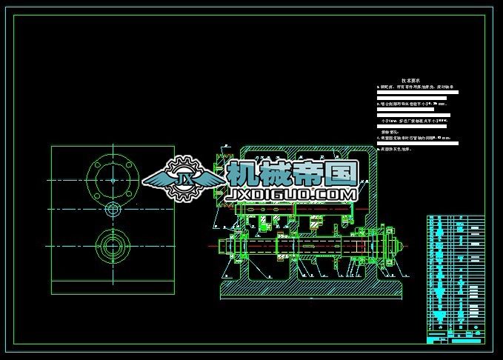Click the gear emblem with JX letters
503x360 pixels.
pos(184,179)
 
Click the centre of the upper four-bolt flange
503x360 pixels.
pos(113,179)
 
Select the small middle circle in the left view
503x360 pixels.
pos(113,210)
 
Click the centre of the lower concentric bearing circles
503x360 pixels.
pos(113,243)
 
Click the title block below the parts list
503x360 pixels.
pos(455,338)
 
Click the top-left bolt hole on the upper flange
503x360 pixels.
pos(99,166)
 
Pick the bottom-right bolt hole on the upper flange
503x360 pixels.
pos(126,193)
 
